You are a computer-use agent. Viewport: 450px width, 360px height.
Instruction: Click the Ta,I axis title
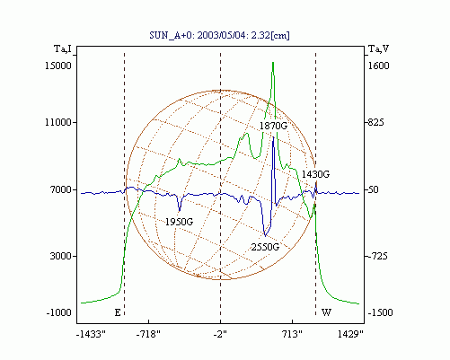63,48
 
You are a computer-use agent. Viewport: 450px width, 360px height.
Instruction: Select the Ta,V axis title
378,48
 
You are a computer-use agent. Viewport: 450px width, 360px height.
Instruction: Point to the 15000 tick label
58,66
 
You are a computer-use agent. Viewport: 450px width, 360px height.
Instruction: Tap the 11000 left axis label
58,122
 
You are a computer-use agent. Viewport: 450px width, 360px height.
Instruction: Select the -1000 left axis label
59,312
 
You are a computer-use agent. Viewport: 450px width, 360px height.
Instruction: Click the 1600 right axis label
378,66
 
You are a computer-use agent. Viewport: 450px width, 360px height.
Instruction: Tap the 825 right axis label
375,122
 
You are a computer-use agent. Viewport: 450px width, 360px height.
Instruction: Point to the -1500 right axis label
380,312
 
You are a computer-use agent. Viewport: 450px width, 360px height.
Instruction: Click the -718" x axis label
148,334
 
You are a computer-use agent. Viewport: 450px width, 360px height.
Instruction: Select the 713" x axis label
292,334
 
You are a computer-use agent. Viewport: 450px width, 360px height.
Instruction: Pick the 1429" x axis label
350,334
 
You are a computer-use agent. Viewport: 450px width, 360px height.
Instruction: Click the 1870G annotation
273,126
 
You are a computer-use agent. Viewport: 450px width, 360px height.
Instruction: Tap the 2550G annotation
265,247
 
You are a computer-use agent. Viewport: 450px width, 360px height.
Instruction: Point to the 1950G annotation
179,222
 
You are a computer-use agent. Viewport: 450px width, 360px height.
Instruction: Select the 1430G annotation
315,174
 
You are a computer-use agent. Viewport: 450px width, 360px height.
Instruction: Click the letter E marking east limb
118,312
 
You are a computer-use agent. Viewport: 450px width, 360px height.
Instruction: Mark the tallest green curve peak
273,62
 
